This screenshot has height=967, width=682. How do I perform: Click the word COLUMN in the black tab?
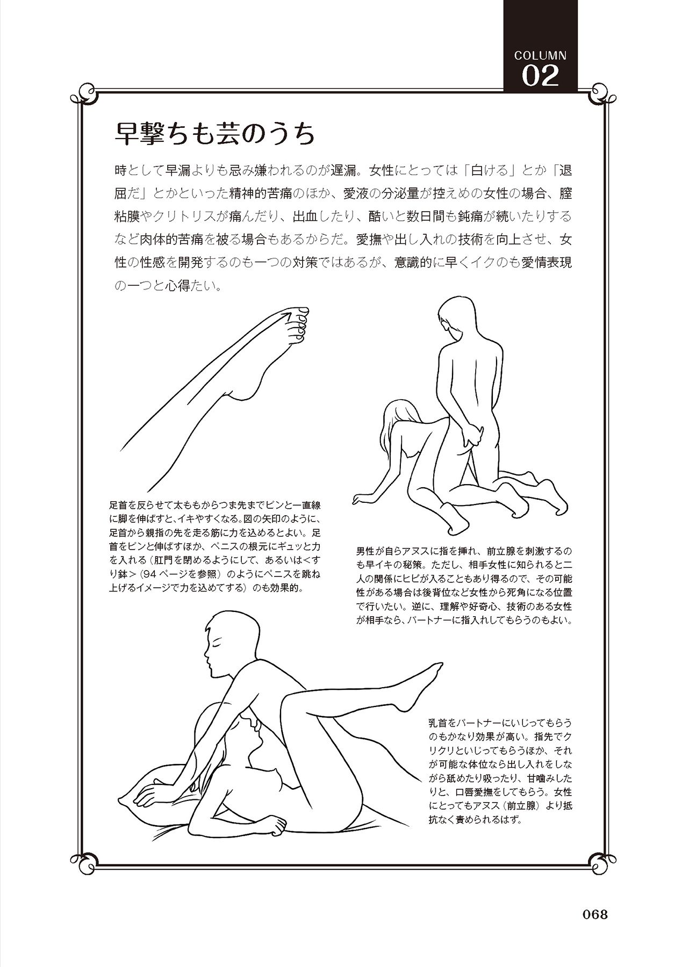tap(540, 55)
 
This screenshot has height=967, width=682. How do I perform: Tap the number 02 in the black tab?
tap(540, 76)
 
